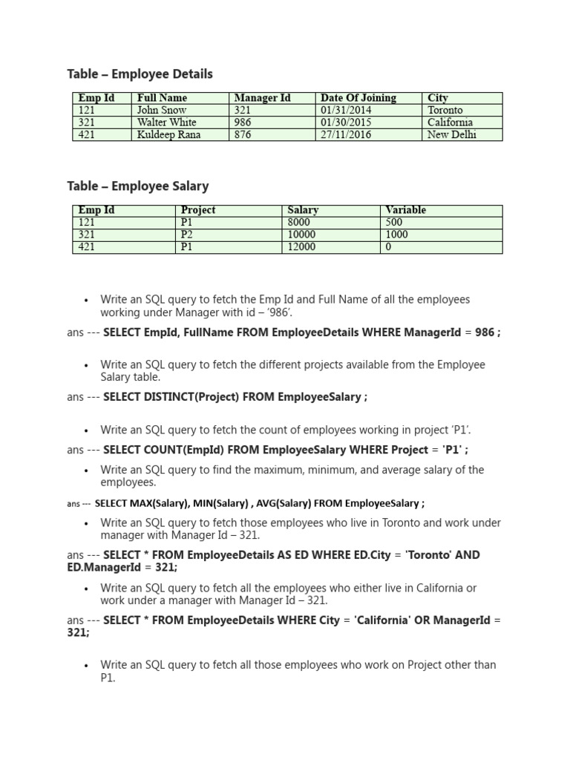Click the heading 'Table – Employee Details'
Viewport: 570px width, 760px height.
[x=140, y=73]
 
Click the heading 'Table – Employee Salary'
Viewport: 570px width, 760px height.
[x=137, y=186]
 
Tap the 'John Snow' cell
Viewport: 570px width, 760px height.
[x=162, y=110]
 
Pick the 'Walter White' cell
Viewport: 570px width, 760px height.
[x=166, y=122]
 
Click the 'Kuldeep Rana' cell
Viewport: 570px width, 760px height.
[x=168, y=135]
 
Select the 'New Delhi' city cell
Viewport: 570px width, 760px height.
[x=452, y=135]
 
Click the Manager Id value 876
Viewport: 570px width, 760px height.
[x=243, y=135]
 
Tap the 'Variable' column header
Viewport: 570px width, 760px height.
[x=406, y=210]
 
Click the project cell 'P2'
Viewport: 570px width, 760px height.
[x=186, y=235]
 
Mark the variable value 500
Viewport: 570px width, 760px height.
[x=394, y=223]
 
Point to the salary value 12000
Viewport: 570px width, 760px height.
[x=301, y=247]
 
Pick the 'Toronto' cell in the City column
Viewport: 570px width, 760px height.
[x=445, y=110]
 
